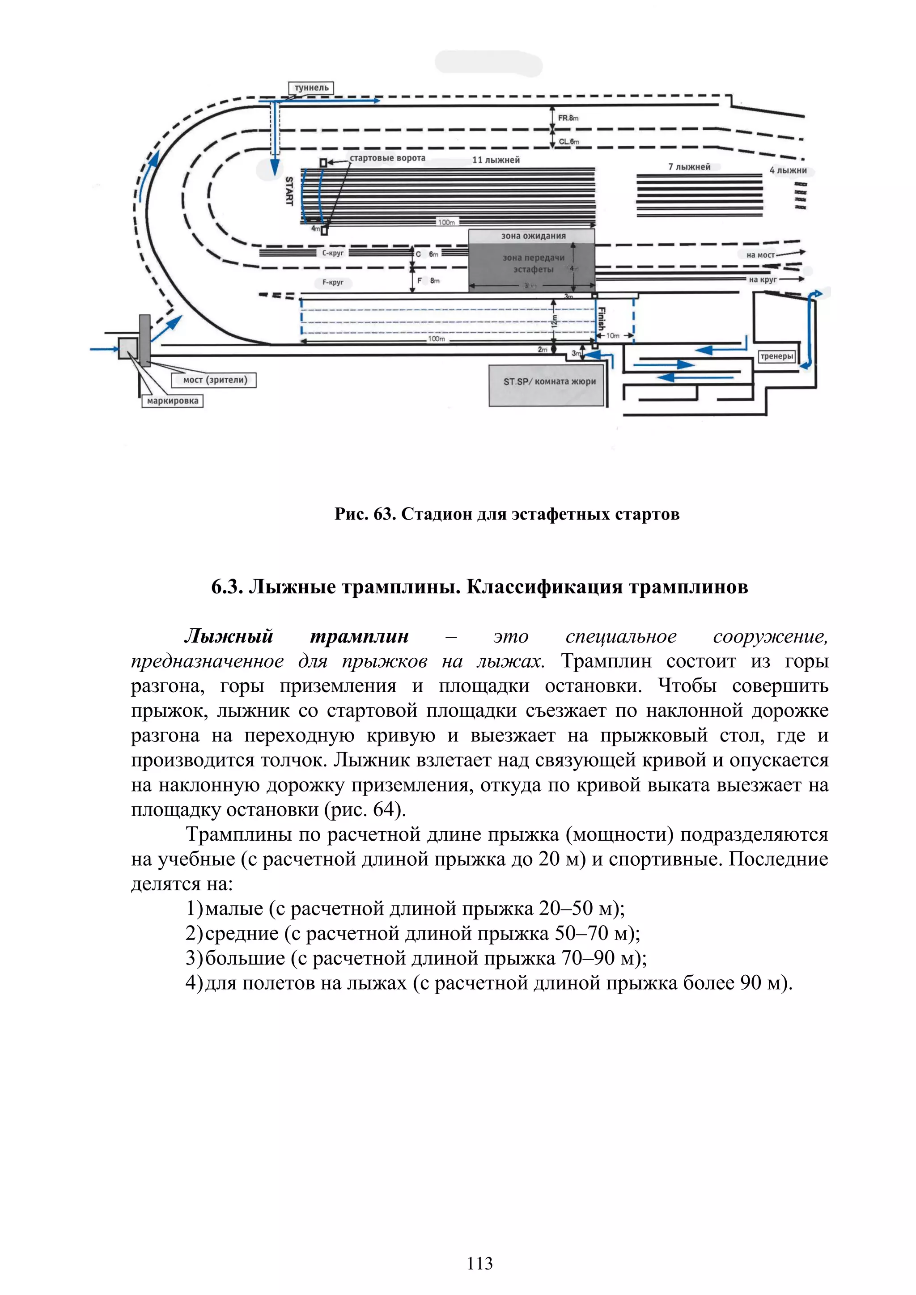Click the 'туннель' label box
(311, 88)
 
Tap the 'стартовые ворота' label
(387, 158)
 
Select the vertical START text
(289, 190)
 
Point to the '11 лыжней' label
(496, 160)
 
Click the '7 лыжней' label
(689, 167)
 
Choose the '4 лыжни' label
(788, 170)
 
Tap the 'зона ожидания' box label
(533, 236)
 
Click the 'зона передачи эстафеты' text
(534, 263)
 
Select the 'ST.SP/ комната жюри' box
(549, 382)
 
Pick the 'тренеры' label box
(777, 356)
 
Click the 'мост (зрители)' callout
(215, 380)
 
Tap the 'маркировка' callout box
(173, 401)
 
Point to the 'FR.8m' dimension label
(568, 118)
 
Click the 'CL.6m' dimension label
(568, 142)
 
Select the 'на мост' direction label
(760, 255)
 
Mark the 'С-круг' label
(332, 253)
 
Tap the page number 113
(479, 1263)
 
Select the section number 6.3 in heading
(227, 587)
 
